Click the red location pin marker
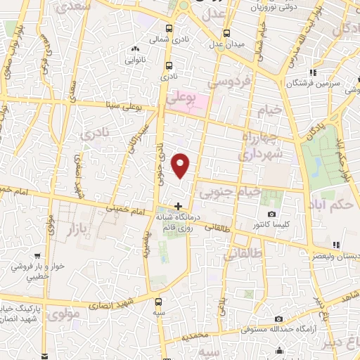pyautogui.click(x=182, y=165)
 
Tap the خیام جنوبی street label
pyautogui.click(x=230, y=191)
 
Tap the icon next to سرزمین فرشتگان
pyautogui.click(x=314, y=72)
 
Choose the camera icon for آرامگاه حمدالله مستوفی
pyautogui.click(x=278, y=319)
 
